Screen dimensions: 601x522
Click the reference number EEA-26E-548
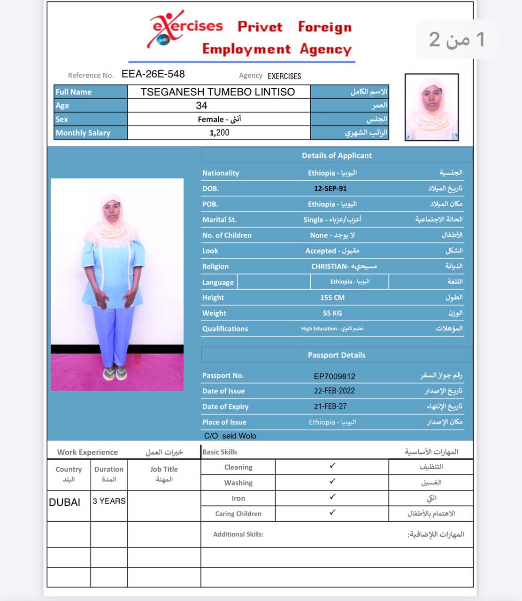pos(153,74)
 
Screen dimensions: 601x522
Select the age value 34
pos(201,106)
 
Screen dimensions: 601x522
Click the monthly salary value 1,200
pos(219,133)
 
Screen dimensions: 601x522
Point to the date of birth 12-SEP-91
pos(330,189)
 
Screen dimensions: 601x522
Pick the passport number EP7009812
pos(334,376)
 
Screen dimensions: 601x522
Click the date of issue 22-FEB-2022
pos(334,391)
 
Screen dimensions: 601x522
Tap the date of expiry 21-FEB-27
pos(330,407)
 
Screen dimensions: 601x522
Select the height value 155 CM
pos(332,298)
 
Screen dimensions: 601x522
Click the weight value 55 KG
pos(332,313)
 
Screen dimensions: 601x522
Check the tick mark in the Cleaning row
pos(332,466)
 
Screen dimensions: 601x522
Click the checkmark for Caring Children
pos(332,512)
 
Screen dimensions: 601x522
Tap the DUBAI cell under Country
pos(65,502)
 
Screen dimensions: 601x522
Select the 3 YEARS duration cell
pos(109,501)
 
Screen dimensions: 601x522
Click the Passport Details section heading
pos(337,355)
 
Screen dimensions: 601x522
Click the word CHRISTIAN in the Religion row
pos(329,267)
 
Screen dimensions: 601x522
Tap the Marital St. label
pos(219,220)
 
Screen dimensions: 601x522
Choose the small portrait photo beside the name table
pos(431,107)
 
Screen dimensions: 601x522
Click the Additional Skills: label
pos(238,534)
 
